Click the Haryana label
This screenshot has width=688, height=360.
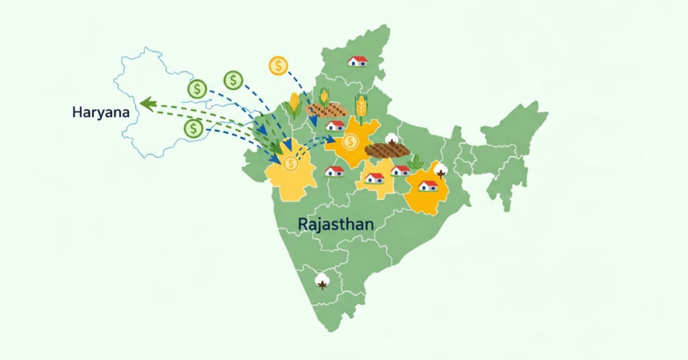(100, 112)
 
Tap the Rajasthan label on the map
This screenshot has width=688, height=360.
(335, 224)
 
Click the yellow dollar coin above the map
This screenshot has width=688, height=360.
(278, 66)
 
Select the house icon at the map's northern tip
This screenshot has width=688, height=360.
(357, 60)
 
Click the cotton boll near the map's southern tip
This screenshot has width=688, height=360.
(323, 280)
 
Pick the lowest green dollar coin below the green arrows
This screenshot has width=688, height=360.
(193, 128)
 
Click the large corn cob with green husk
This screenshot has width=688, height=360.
(294, 104)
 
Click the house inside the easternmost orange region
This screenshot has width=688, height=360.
(428, 185)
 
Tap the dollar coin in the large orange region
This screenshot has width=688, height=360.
(350, 142)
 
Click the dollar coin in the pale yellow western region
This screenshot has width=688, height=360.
(290, 163)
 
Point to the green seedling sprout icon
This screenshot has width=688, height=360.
(416, 162)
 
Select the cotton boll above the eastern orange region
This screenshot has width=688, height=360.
(441, 169)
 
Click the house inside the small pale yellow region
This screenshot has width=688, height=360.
(374, 178)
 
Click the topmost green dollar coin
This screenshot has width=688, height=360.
(233, 81)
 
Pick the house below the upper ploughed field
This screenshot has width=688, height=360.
(335, 125)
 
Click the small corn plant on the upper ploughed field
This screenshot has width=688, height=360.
(325, 97)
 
